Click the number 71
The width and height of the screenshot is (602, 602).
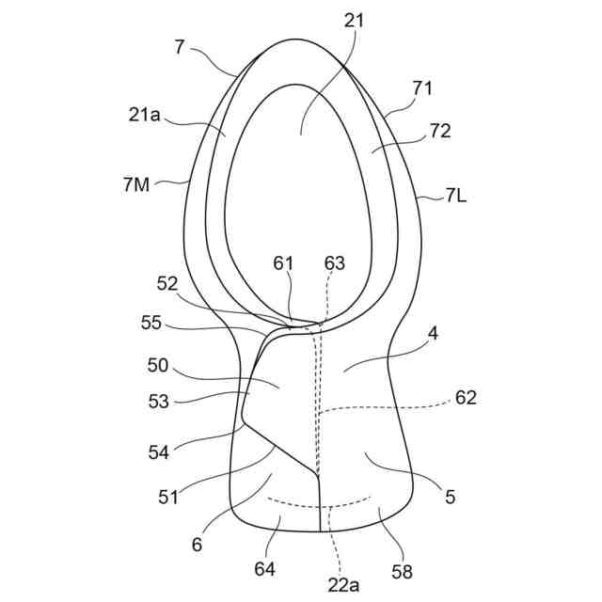pos(423,87)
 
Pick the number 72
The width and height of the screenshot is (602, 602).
pos(438,131)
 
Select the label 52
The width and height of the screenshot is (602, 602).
pos(168,283)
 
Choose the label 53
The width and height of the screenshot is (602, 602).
pos(158,402)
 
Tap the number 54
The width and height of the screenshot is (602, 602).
pos(158,451)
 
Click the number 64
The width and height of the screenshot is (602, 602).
pos(266,567)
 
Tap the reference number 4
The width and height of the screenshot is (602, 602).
pos(433,332)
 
